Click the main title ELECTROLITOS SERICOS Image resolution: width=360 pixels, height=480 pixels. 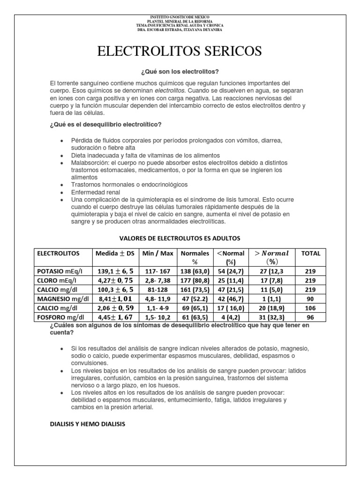click(180, 51)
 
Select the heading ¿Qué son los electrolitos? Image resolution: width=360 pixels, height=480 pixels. click(180, 72)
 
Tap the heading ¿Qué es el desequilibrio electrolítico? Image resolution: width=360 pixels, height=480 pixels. click(105, 124)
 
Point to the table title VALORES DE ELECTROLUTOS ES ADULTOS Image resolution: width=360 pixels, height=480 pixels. click(180, 238)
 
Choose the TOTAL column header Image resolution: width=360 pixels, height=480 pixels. click(310, 253)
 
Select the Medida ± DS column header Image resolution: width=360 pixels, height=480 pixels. click(115, 253)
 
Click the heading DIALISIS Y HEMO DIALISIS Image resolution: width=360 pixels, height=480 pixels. click(88, 425)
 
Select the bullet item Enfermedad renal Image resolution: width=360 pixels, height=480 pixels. click(96, 192)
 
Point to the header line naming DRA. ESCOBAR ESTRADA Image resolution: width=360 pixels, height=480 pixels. click(180, 30)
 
